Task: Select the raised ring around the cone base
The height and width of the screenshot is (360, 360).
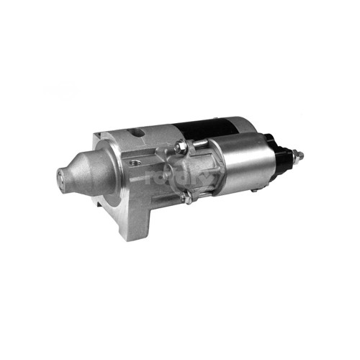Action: pyautogui.click(x=104, y=173)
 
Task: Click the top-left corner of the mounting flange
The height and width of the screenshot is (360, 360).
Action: pyautogui.click(x=97, y=135)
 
